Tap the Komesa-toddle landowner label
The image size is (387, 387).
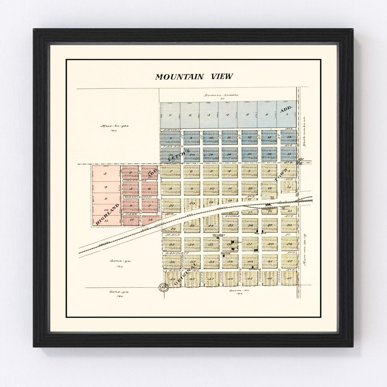[221, 95]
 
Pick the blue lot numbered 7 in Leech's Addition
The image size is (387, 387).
[171, 115]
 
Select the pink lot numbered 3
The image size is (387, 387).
[105, 174]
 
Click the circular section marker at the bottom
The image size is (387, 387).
[163, 287]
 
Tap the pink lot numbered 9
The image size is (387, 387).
[105, 198]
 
